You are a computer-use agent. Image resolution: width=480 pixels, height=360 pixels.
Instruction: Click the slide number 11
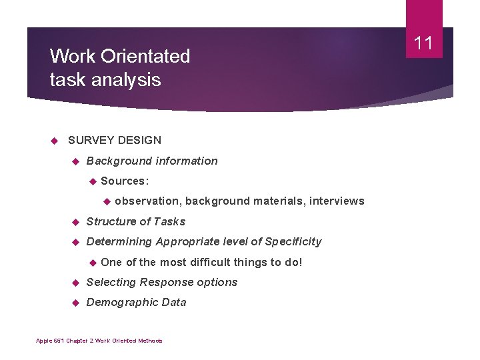point(424,44)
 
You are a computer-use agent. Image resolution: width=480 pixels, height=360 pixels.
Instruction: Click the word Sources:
point(125,181)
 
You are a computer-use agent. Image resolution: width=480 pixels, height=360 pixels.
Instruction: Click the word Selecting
point(111,282)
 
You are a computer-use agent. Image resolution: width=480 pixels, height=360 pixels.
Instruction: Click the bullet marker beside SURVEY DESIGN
point(55,140)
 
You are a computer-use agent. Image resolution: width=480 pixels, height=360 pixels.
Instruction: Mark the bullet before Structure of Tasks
point(75,221)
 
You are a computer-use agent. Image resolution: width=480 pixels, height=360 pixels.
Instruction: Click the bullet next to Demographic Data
point(75,302)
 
